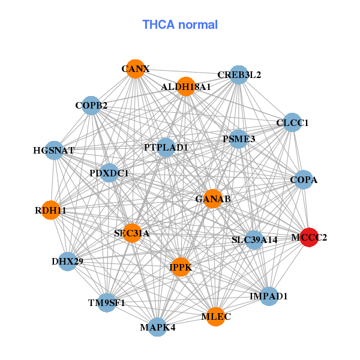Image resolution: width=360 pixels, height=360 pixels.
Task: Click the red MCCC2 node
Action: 309,237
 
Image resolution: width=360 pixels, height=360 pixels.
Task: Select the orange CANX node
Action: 135,69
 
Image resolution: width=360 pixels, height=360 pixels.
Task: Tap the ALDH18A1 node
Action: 186,86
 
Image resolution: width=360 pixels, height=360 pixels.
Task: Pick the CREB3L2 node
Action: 239,75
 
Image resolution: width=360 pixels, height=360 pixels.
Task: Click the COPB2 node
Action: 91,106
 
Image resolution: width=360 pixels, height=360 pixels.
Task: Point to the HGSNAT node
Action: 54,150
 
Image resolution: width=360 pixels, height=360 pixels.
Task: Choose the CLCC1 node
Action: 292,123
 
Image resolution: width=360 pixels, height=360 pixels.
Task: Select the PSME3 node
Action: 239,139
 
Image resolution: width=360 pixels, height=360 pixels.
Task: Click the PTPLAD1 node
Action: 166,147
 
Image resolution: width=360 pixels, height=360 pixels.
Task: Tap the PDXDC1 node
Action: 109,173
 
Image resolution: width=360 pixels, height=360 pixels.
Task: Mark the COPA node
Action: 304,179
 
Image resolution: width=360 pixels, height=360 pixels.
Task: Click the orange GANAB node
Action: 213,199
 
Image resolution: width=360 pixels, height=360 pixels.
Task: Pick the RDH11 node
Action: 50,211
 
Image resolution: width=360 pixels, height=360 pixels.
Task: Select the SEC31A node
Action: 132,233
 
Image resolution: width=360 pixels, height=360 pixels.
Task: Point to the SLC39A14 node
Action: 254,240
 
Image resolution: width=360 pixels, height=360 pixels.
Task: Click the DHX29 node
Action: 67,262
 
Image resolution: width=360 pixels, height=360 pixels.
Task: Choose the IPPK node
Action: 180,267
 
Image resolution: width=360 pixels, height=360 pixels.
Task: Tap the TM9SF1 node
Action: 107,302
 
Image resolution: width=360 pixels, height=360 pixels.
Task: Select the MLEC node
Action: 216,316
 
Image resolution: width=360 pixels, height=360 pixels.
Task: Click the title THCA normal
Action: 180,25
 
